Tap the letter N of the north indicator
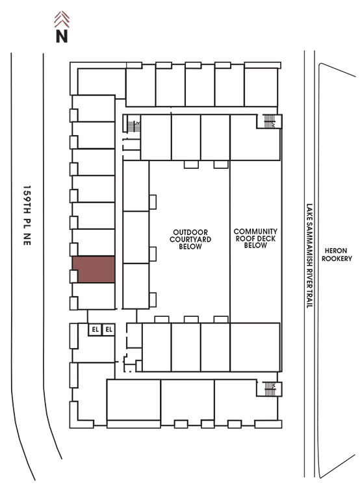[x=62, y=36]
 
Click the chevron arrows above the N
[x=62, y=19]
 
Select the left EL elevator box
[x=95, y=329]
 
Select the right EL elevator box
[x=109, y=329]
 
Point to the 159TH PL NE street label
[x=27, y=216]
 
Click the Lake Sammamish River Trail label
[x=309, y=256]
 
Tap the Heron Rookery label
[x=337, y=255]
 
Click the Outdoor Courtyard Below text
[x=190, y=240]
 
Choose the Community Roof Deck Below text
[x=255, y=238]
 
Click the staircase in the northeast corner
[x=270, y=121]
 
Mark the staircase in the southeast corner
[x=270, y=389]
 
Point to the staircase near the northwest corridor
[x=134, y=126]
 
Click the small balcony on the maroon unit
[x=73, y=276]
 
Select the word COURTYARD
[x=190, y=240]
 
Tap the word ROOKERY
[x=337, y=258]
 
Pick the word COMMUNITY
[x=255, y=231]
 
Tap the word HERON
[x=336, y=251]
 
